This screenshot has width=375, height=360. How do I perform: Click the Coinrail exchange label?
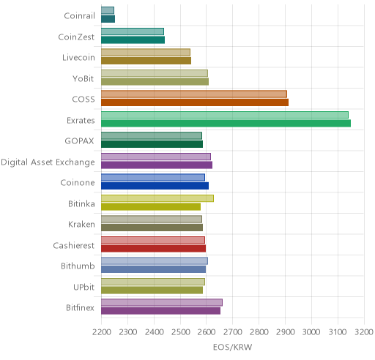coord(79,15)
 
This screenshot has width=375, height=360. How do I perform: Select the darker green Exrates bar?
coord(226,124)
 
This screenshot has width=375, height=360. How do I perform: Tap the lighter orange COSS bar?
coord(194,94)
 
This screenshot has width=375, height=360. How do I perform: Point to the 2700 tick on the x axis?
coord(233,332)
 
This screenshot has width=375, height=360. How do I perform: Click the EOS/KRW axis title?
coord(232,347)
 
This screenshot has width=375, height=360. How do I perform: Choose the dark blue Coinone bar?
coord(155,186)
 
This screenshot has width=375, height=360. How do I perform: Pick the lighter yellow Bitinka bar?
coord(157,198)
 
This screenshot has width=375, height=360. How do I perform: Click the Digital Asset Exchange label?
coord(48,162)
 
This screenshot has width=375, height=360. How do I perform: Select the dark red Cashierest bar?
coord(153,248)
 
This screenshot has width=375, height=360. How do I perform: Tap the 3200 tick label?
coord(364,332)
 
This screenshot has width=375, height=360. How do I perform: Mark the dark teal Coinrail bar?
coord(108,19)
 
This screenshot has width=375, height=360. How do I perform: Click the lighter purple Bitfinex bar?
coord(162,302)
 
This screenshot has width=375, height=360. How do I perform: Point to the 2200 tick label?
coord(102,332)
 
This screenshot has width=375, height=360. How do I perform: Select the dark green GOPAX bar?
coord(152,144)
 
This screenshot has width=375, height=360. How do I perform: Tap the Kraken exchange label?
coord(81,225)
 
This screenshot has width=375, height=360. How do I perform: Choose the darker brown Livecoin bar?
coord(146,61)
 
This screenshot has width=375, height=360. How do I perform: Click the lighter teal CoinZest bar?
coord(133,31)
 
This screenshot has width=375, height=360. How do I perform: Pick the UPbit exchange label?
coord(83,287)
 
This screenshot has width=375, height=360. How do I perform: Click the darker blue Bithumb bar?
coord(153,269)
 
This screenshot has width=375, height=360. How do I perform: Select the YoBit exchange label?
coord(83,78)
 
